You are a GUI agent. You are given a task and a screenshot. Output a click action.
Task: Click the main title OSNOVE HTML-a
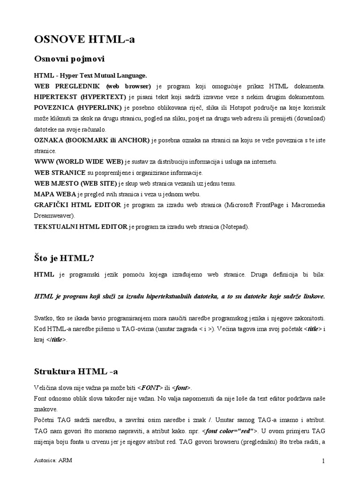tap(85, 40)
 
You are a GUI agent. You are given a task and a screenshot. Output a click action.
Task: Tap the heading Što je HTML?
tap(64, 257)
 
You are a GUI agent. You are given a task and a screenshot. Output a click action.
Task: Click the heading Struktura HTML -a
tap(76, 372)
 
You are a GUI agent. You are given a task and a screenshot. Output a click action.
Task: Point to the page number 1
tap(323, 461)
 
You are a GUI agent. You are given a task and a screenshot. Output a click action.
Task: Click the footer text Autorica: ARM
tap(53, 461)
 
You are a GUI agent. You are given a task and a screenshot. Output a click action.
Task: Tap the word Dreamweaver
tap(55, 216)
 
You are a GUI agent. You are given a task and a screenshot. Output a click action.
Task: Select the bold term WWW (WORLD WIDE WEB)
tap(79, 162)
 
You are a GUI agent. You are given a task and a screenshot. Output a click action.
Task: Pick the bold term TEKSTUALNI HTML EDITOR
tap(81, 227)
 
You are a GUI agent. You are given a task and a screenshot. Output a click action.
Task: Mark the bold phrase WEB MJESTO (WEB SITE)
tap(75, 183)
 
